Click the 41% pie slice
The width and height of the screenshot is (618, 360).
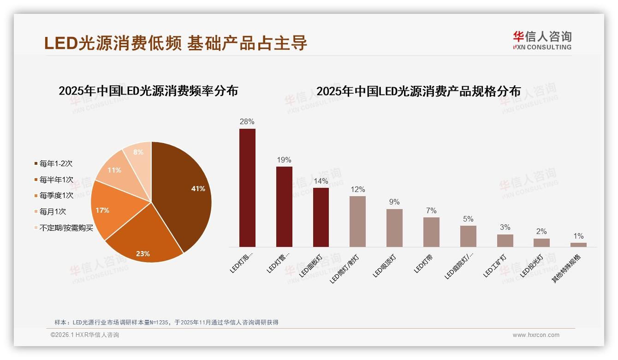point(184,189)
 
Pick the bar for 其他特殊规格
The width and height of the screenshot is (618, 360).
point(578,245)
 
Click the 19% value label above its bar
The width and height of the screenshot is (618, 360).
point(284,160)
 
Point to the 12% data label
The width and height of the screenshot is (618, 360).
point(357,189)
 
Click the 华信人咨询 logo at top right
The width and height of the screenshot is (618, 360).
point(542,40)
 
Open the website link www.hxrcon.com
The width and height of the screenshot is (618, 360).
point(536,335)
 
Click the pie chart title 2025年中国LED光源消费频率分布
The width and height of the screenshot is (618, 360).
point(149,91)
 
